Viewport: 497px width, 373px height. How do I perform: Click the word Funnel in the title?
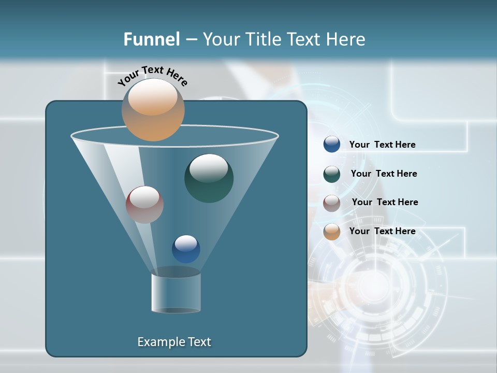(x=151, y=39)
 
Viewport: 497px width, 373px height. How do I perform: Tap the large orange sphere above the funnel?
(x=153, y=110)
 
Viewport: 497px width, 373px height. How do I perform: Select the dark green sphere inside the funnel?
(x=209, y=178)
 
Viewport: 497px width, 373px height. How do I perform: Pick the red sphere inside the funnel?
(x=144, y=205)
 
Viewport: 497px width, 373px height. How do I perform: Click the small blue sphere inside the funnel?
(x=186, y=249)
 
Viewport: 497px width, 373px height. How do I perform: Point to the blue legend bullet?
(x=332, y=144)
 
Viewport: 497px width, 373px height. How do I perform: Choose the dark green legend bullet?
(x=332, y=174)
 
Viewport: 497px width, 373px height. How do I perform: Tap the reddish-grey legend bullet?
(x=332, y=203)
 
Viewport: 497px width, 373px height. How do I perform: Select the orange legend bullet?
(x=332, y=232)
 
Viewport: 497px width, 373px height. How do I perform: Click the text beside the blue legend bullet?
(x=382, y=145)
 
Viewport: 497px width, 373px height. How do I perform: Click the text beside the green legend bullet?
(x=384, y=174)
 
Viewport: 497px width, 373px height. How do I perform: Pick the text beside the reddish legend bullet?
(x=385, y=202)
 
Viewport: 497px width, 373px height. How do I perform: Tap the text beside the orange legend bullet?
(x=382, y=231)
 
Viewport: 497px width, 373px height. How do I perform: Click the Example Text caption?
(x=174, y=342)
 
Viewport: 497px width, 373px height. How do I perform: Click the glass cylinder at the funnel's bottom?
(x=176, y=293)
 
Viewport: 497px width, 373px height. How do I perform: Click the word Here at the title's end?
(x=346, y=39)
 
